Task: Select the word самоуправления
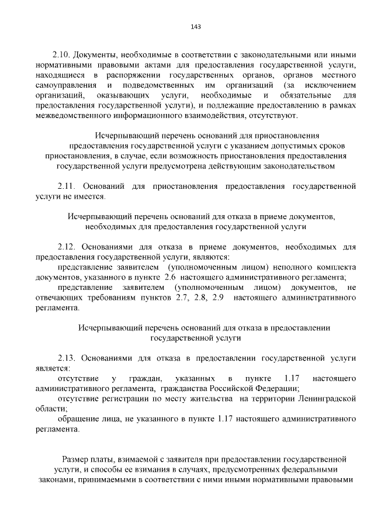coord(65,86)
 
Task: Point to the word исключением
coord(331,86)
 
